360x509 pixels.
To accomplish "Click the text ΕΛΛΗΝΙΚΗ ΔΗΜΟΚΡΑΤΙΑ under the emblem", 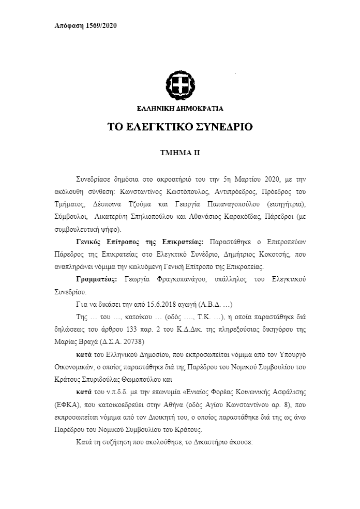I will point(179,109).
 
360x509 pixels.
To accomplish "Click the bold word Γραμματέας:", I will point(93,279).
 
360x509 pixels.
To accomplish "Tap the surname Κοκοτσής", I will point(296,256).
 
